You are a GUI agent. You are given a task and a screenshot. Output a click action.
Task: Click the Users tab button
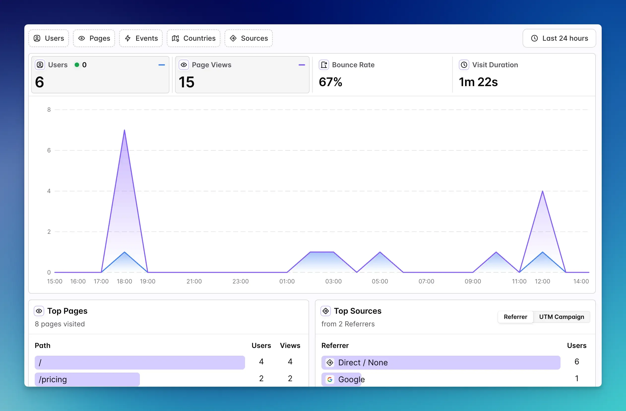(49, 38)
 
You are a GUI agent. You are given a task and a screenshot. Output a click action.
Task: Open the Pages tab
(94, 38)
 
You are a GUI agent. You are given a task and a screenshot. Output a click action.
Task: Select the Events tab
(141, 38)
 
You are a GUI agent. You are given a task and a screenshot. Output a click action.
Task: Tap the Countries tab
(194, 38)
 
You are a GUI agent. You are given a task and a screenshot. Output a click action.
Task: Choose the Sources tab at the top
(249, 38)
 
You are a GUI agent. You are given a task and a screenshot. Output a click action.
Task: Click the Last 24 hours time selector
(559, 38)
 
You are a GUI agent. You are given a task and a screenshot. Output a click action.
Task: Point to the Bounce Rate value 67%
(330, 82)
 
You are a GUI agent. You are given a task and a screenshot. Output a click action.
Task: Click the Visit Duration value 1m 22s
(478, 82)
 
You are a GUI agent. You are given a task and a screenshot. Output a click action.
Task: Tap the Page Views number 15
(187, 82)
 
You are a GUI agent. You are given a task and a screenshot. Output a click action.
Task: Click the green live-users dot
(77, 65)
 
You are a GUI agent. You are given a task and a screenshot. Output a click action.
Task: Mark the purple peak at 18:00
(125, 130)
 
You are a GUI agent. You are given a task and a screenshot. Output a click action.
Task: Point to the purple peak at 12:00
(542, 191)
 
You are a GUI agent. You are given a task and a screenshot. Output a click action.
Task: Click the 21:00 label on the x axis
(194, 281)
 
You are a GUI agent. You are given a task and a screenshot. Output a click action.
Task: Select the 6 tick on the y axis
(49, 150)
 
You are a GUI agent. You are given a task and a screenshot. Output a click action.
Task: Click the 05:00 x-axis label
(380, 281)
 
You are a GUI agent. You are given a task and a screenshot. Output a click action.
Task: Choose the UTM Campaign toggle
(562, 317)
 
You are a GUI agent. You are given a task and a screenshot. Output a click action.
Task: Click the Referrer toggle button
(515, 317)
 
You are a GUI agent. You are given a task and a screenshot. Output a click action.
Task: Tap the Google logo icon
(330, 379)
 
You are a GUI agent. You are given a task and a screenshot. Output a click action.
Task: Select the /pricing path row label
(53, 379)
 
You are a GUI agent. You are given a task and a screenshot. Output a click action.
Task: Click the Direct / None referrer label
(363, 363)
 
